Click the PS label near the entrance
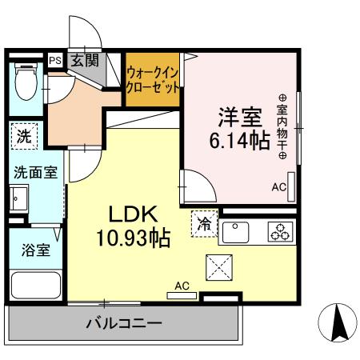pos(54,60)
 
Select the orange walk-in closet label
pos(152,80)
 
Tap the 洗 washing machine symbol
pos(24,136)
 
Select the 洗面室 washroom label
pos(33,173)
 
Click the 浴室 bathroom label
pos(34,249)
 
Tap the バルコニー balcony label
pos(124,324)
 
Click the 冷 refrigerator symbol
pos(205,224)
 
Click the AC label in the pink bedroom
pos(278,187)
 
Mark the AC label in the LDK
pos(182,286)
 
